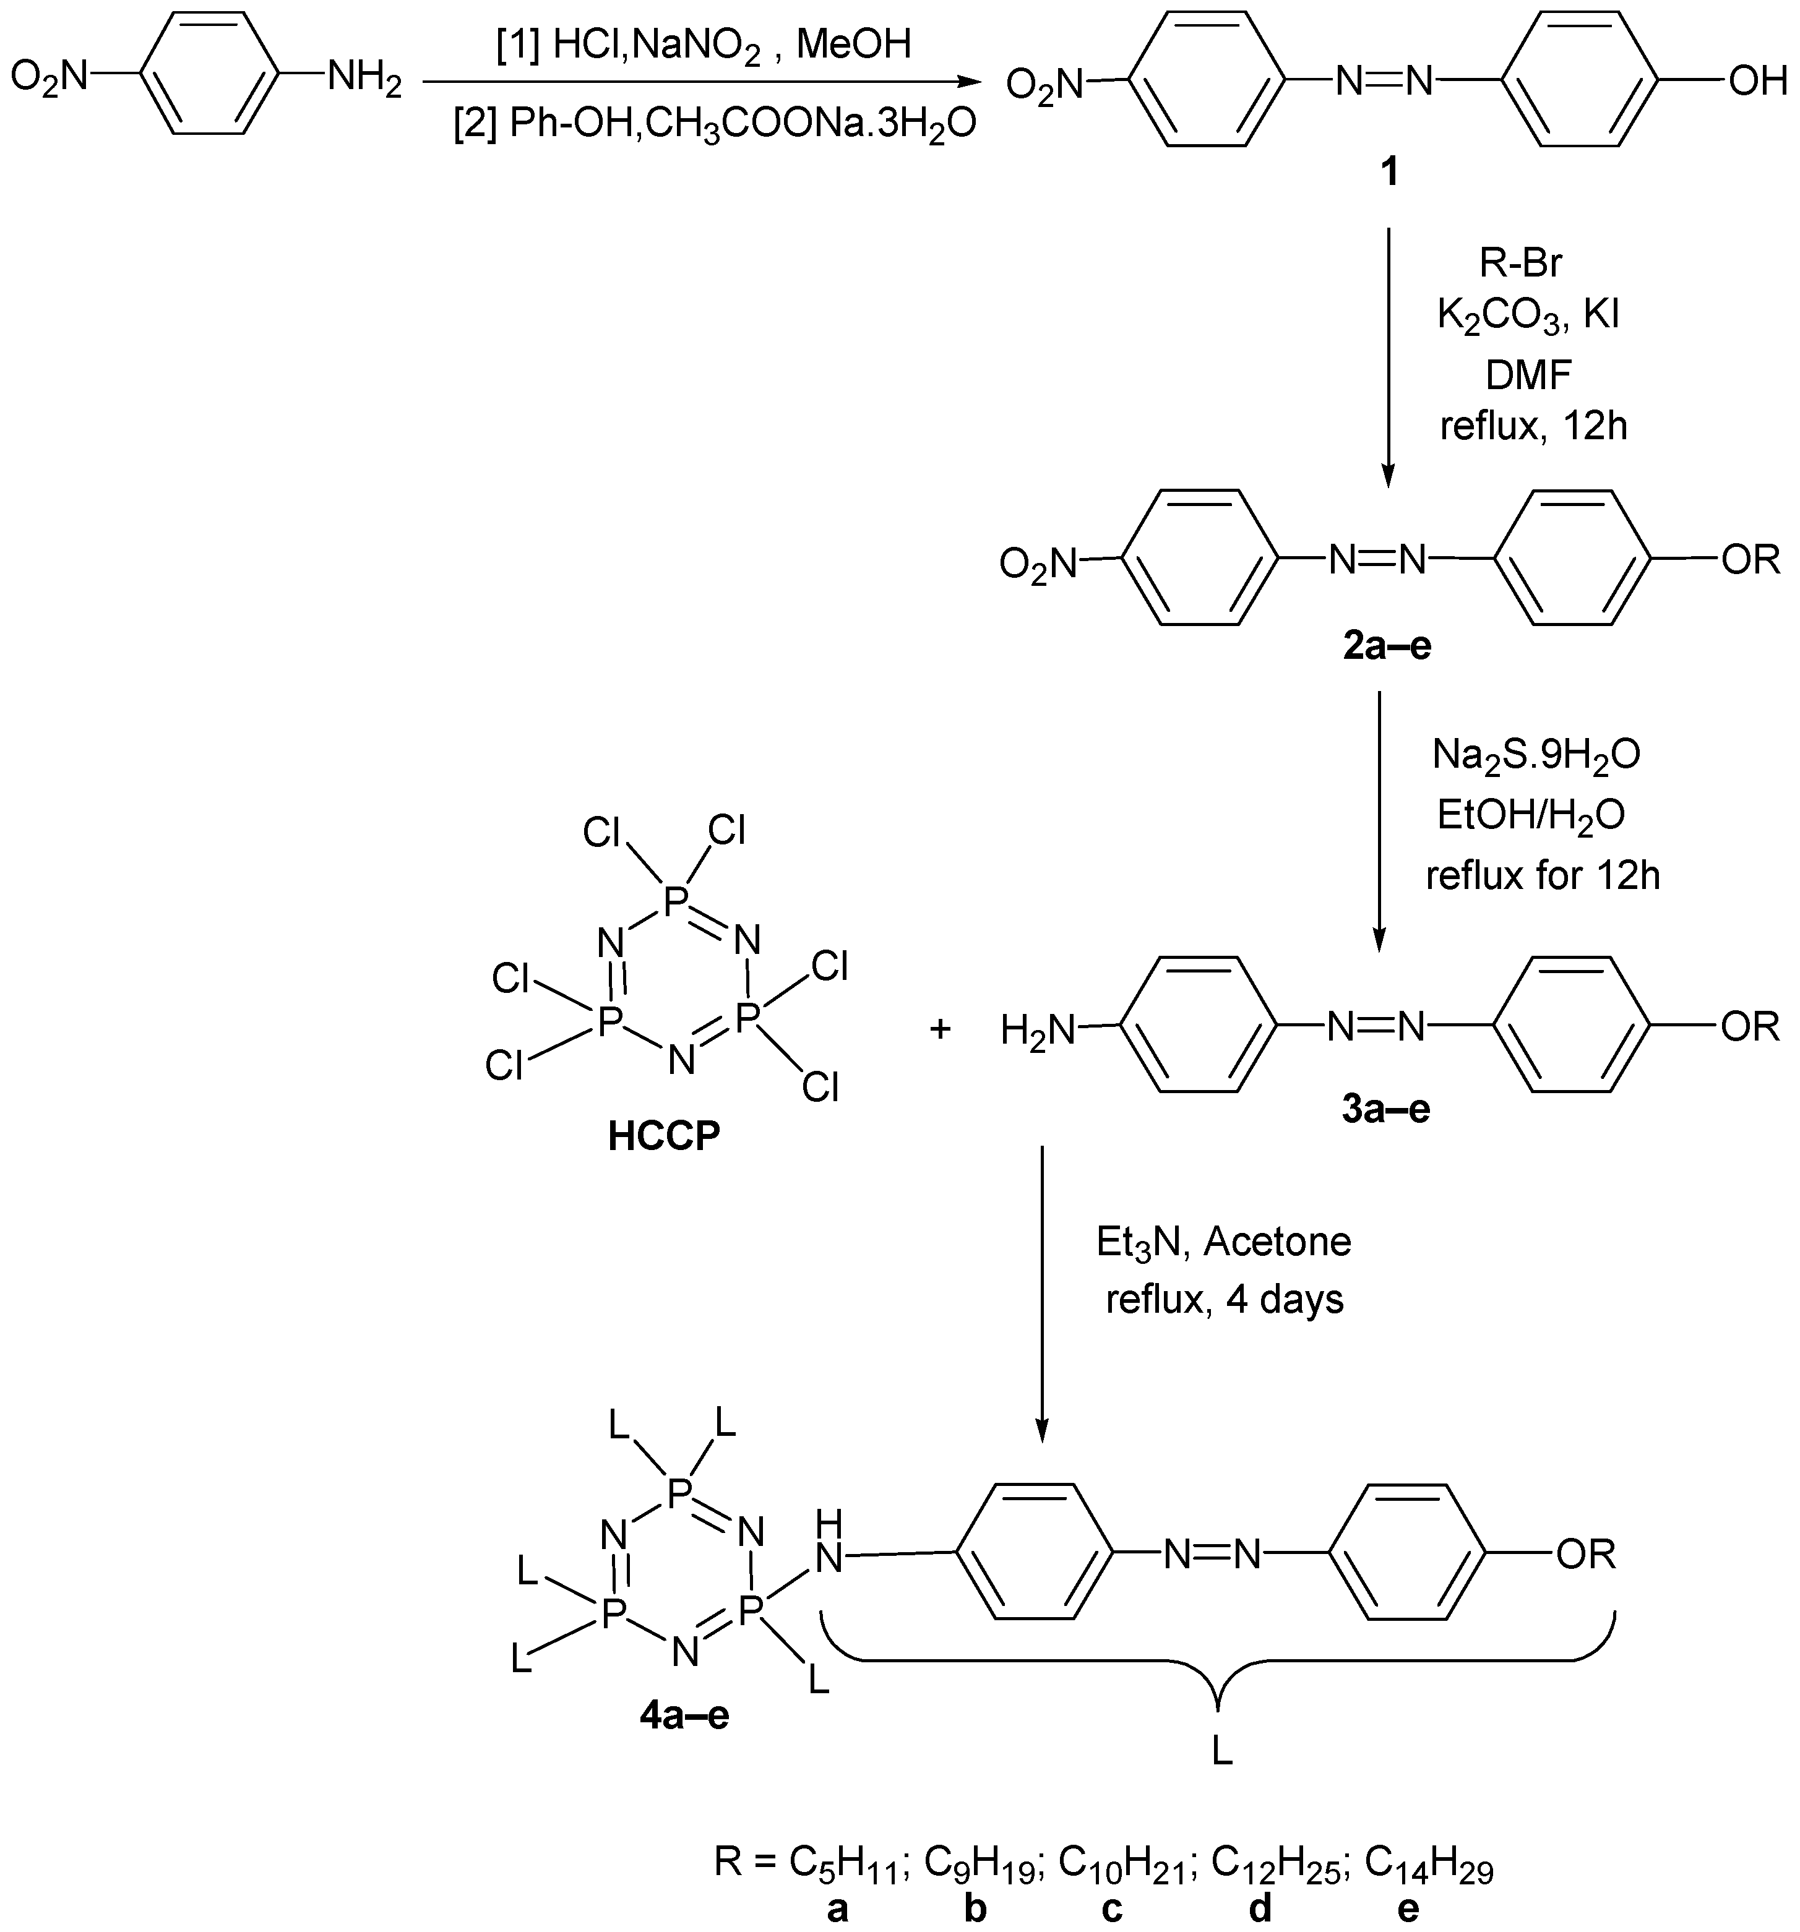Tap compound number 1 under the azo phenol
(x=1390, y=172)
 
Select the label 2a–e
(x=1387, y=645)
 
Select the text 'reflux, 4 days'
(x=1225, y=1299)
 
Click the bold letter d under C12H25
(x=1260, y=1908)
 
